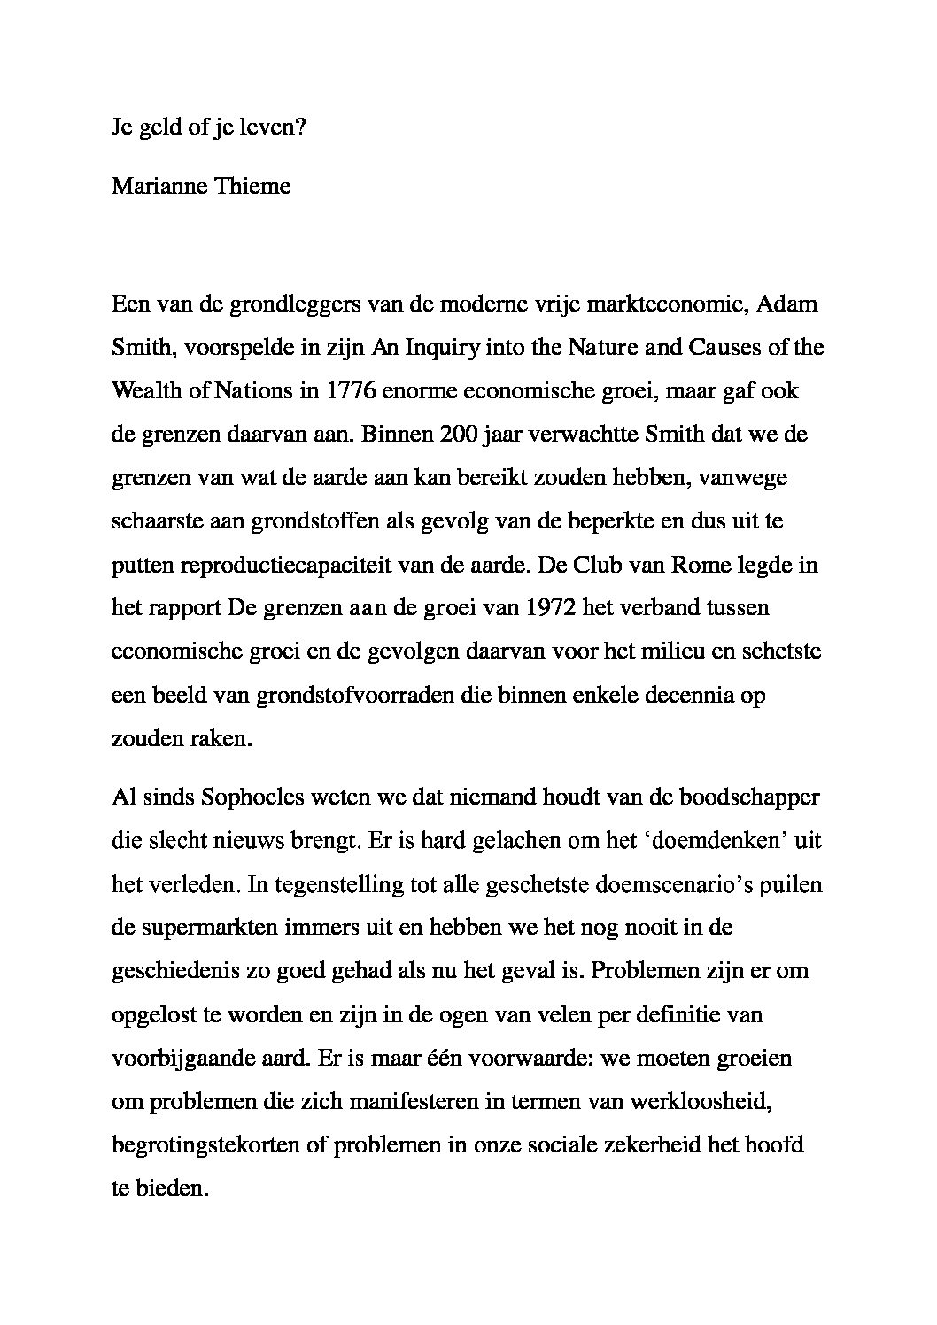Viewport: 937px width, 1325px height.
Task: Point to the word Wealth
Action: (x=143, y=391)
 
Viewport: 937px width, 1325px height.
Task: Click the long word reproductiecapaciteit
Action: (x=275, y=565)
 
